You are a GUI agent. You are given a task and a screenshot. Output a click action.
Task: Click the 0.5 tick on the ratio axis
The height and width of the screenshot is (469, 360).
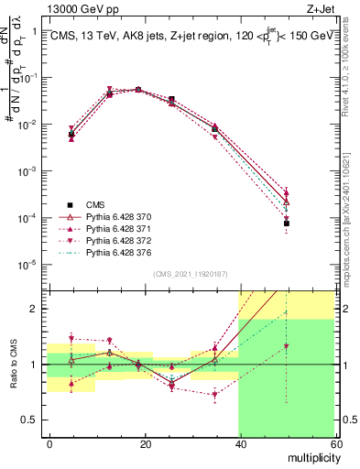pyautogui.click(x=32, y=420)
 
